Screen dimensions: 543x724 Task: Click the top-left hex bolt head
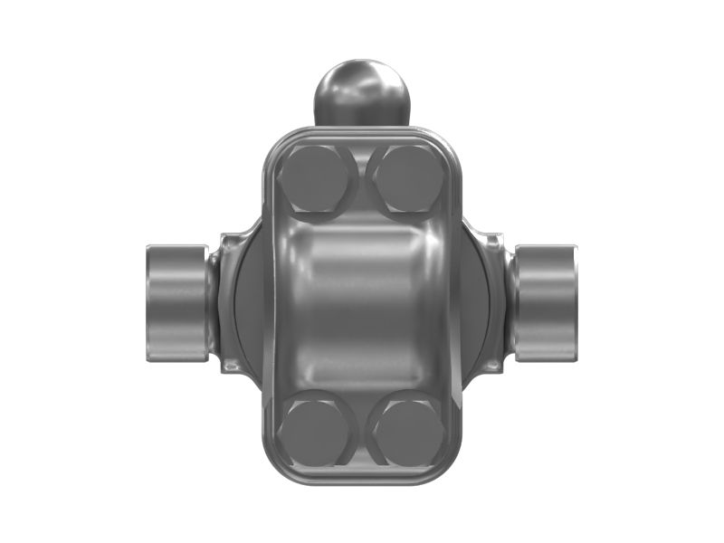pos(311,180)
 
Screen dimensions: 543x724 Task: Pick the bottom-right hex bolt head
pos(407,429)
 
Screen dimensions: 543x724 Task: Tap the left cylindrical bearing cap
pos(176,302)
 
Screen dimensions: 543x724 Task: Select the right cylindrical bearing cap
pos(547,302)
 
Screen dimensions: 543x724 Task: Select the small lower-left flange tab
pos(232,366)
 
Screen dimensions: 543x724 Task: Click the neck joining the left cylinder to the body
pos(212,302)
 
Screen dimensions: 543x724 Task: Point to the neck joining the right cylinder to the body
pos(509,302)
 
